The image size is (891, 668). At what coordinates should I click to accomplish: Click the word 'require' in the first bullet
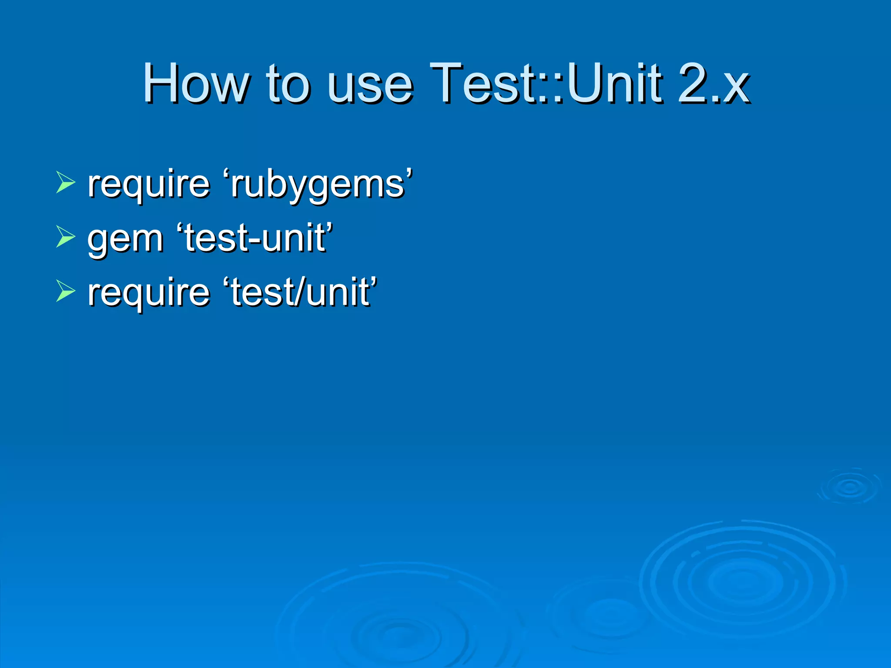coord(149,184)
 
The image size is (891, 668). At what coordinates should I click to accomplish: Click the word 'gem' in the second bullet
coord(125,239)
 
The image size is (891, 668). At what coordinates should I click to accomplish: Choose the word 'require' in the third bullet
coord(149,292)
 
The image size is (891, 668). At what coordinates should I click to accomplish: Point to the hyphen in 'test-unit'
coord(252,240)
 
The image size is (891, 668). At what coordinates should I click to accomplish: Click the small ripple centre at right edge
coord(849,487)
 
